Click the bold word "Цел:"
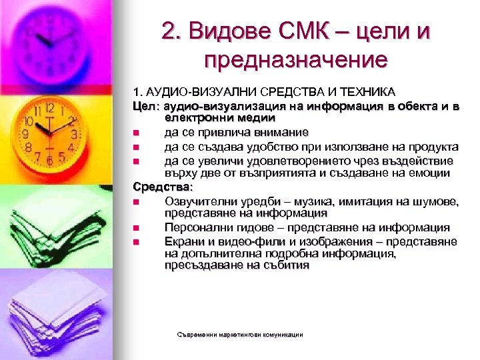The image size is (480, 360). (147, 105)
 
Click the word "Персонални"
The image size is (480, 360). (197, 227)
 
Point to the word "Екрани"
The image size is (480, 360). (183, 241)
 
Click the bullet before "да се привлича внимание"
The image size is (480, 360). (136, 133)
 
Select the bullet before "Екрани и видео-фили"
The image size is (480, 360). (136, 241)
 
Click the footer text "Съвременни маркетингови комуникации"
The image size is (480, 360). (237, 334)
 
